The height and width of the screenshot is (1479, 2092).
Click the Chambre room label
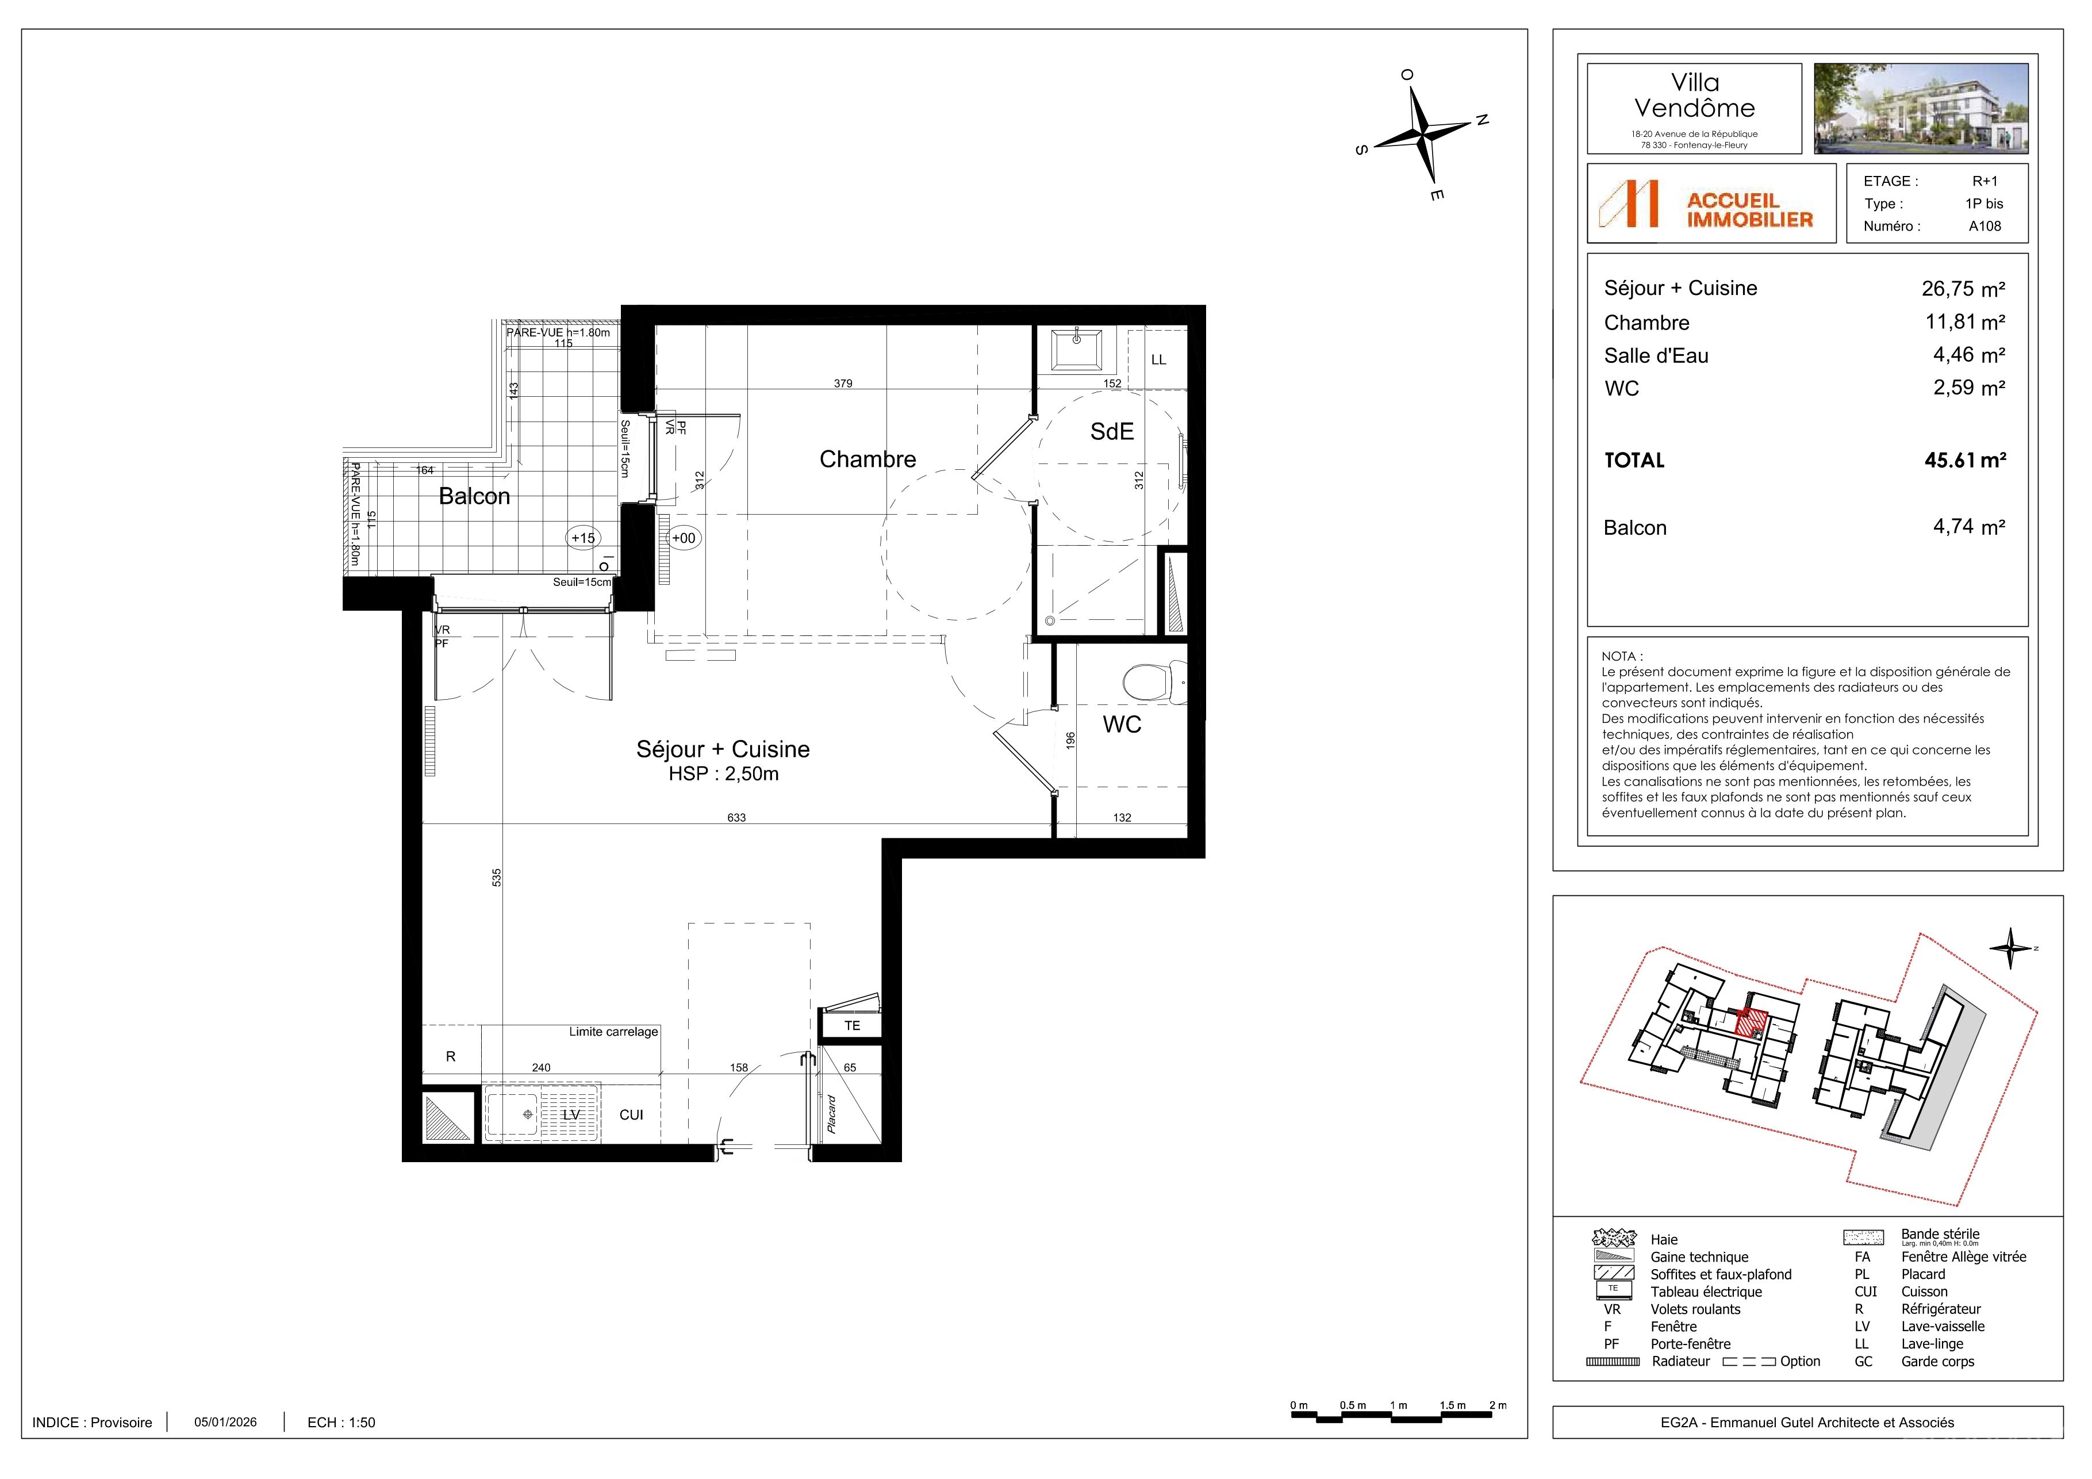867,459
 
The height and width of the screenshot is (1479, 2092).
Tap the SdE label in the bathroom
1112,432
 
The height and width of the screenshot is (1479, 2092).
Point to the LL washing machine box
1158,359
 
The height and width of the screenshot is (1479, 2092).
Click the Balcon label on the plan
475,497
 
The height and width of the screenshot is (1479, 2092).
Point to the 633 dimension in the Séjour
736,817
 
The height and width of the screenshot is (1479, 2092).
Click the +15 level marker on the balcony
583,538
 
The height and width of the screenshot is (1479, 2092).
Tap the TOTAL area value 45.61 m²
1966,460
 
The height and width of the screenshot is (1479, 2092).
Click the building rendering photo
1921,109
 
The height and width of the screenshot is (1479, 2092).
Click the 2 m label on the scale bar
1498,1405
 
